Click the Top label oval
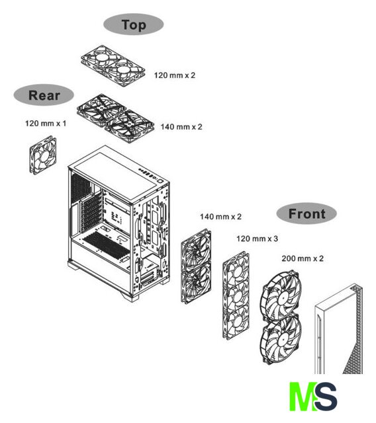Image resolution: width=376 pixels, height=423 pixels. click(x=134, y=24)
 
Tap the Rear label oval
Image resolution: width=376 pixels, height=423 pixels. click(x=44, y=95)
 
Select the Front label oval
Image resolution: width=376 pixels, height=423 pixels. click(x=306, y=213)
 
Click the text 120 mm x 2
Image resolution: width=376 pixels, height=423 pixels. click(x=175, y=75)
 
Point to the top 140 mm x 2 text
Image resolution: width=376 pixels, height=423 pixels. click(x=181, y=127)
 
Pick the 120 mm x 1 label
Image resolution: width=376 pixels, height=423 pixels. click(x=46, y=124)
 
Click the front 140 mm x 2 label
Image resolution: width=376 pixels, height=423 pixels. click(x=220, y=217)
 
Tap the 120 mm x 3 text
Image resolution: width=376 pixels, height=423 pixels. click(x=257, y=239)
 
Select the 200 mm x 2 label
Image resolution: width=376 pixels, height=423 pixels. click(x=303, y=258)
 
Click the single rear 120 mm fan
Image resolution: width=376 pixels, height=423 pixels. click(x=43, y=155)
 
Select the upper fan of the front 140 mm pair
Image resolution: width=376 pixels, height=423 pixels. click(x=197, y=249)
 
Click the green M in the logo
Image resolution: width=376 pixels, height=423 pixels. click(x=303, y=397)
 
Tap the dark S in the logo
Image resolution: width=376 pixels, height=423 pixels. click(x=326, y=397)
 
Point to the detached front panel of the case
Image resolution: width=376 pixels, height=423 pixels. click(x=339, y=329)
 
